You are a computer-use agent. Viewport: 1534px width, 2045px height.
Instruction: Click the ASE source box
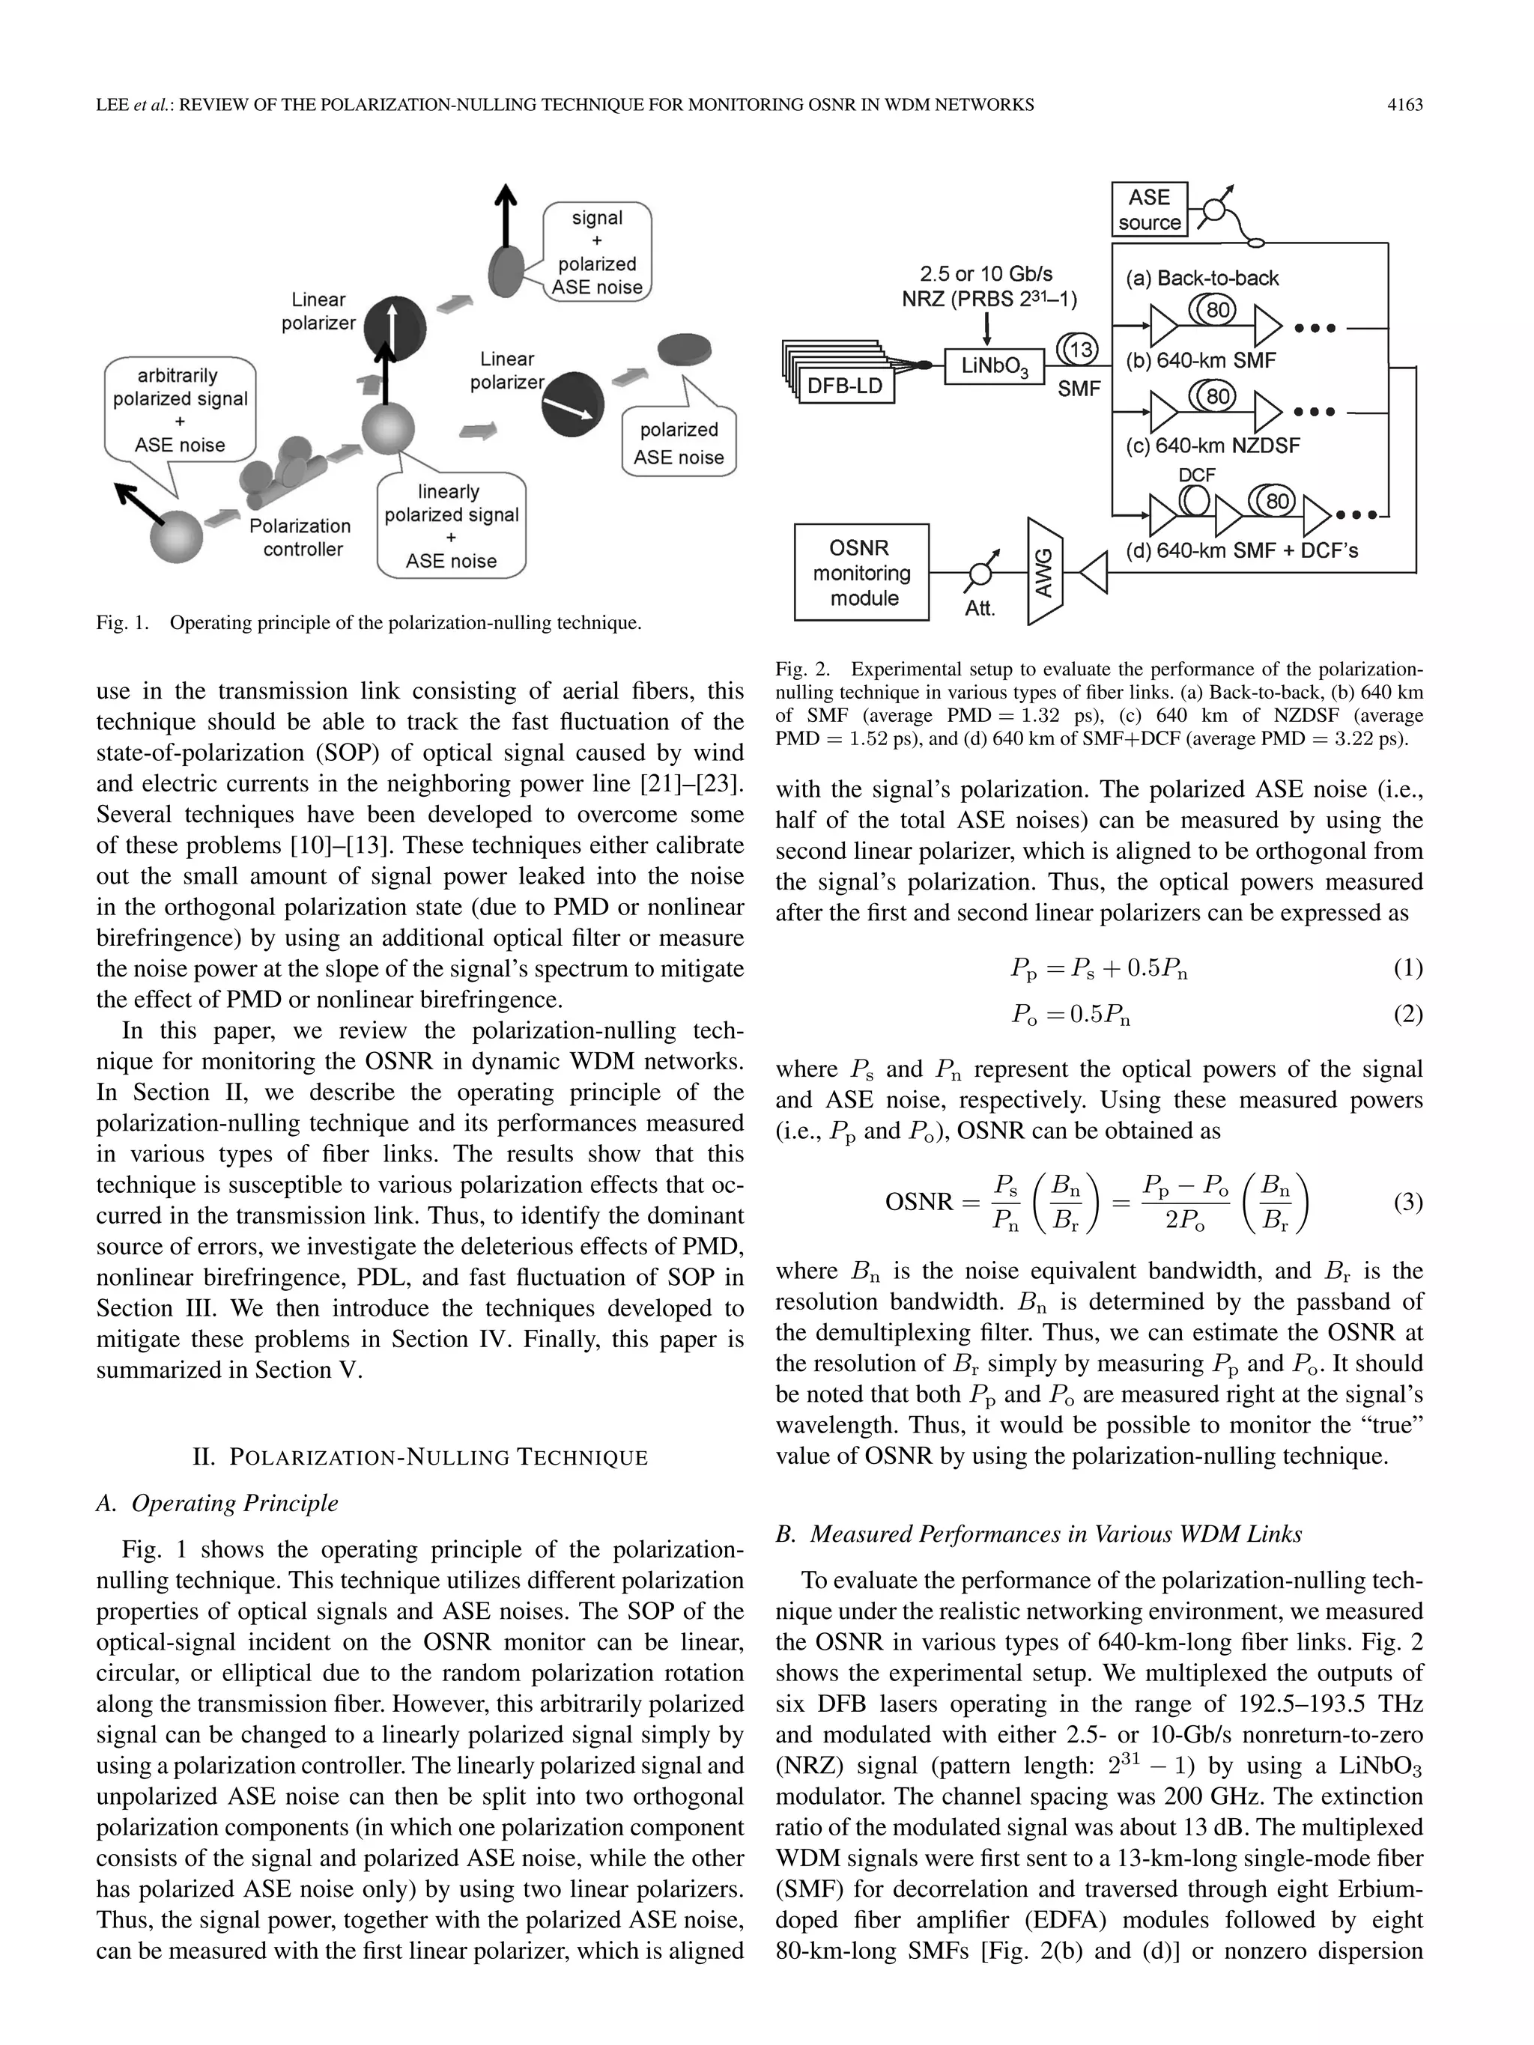1148,210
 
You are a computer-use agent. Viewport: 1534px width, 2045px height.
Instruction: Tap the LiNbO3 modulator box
994,367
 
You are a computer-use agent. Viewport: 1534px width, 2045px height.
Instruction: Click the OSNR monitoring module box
862,573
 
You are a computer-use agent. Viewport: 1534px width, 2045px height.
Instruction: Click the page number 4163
1404,106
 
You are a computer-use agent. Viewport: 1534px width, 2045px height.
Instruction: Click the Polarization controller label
300,537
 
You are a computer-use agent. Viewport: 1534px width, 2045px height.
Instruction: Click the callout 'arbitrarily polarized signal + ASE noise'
181,410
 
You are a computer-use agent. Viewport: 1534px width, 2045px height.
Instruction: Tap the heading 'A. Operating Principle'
217,1504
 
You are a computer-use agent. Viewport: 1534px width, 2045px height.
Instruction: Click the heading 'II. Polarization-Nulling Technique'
419,1458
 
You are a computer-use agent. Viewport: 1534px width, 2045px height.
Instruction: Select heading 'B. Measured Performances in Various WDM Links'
1038,1534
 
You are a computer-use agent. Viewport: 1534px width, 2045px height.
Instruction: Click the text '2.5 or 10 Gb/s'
986,273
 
